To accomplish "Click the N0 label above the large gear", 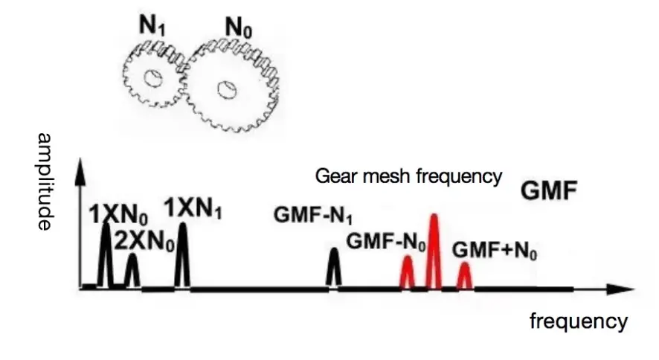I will tap(238, 30).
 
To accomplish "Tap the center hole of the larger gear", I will tap(225, 90).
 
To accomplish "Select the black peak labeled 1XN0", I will tap(106, 257).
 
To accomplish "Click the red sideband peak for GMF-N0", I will tap(407, 272).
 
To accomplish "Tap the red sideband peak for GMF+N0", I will tap(464, 275).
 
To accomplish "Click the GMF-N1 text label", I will tap(313, 216).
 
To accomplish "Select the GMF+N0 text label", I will tap(495, 249).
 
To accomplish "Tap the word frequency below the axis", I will tap(579, 321).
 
